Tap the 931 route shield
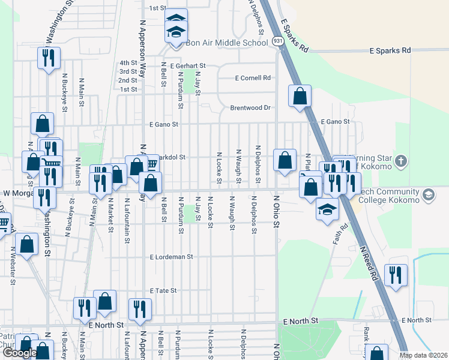(277, 41)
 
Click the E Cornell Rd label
(253, 78)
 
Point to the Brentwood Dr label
(251, 108)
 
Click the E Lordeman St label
(171, 257)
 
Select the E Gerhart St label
(188, 66)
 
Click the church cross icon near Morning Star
(401, 161)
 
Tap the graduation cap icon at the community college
(429, 195)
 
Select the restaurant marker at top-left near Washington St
(47, 58)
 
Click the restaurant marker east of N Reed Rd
(395, 275)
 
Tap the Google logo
(20, 353)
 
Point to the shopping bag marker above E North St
(105, 302)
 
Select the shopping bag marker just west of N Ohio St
(285, 160)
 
